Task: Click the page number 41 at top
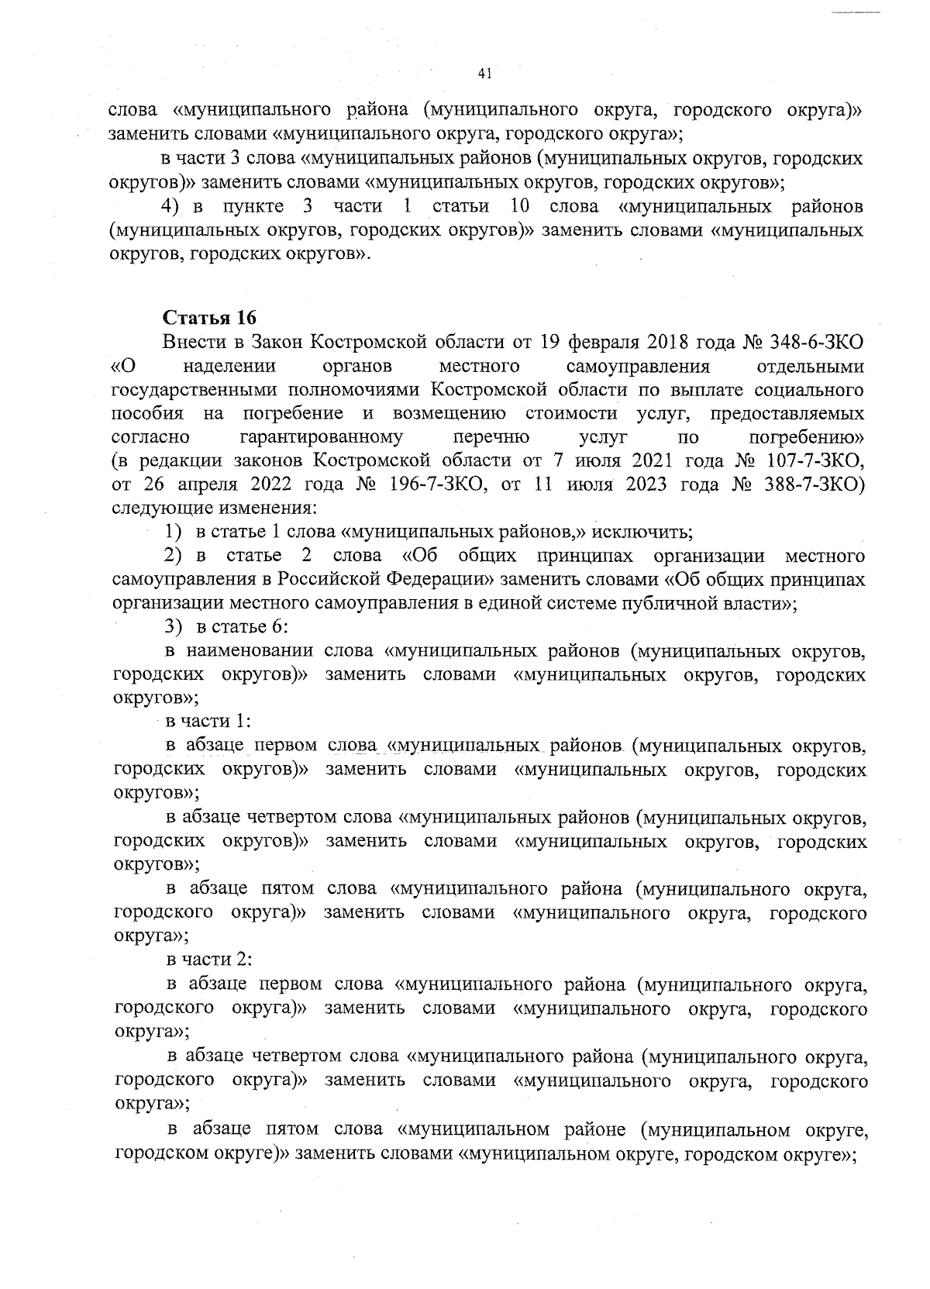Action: coord(486,74)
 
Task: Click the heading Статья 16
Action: coord(209,319)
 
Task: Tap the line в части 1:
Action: coord(209,722)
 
